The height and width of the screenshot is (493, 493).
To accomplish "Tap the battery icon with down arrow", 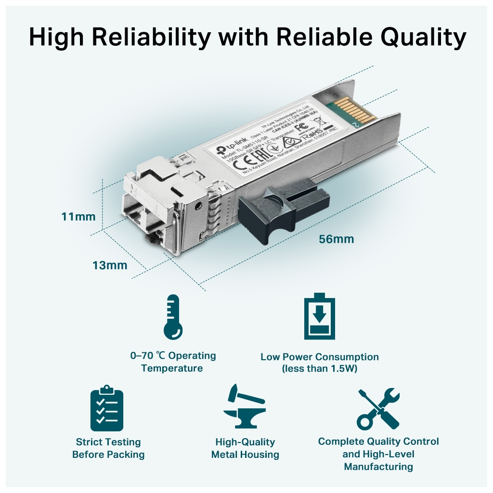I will coord(319,316).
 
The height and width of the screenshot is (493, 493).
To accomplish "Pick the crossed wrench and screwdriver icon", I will coord(378,409).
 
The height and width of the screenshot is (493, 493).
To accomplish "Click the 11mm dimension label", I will coord(78,217).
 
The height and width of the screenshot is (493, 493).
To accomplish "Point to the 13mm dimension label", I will coord(110,265).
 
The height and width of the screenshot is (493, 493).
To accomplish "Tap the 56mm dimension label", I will coord(336,239).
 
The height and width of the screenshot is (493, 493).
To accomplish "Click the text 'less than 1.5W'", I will coord(319,369).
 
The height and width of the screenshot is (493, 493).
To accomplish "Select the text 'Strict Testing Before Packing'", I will coord(108,448).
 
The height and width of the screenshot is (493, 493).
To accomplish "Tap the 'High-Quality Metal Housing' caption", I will coord(245,448).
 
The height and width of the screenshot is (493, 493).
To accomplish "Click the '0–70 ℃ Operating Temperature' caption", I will coord(173,362).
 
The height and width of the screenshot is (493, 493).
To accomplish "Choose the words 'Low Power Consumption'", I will coord(319,357).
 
